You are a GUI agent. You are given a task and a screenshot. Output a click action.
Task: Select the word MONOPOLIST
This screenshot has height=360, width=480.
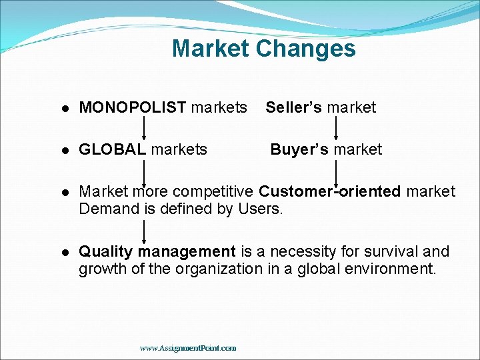(133, 107)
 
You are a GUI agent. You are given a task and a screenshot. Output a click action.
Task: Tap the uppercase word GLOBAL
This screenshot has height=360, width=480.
(112, 149)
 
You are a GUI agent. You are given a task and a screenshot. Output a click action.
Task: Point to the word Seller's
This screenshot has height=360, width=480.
(294, 107)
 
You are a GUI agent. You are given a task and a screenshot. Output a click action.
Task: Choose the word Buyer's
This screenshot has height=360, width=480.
(299, 149)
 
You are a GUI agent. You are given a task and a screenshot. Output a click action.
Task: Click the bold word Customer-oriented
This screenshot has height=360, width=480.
(330, 192)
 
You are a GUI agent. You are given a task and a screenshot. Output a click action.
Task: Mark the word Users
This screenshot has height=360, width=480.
(265, 209)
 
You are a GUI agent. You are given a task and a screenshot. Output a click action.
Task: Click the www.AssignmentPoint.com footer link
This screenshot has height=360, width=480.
(187, 348)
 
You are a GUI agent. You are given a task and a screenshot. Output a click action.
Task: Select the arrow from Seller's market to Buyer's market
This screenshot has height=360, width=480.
(335, 128)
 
